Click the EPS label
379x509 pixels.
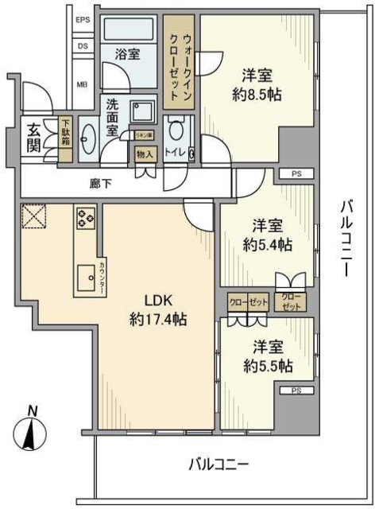[83, 19]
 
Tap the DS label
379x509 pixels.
[83, 46]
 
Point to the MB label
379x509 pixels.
[83, 84]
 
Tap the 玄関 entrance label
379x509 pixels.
[33, 138]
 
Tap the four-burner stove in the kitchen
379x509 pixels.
[86, 216]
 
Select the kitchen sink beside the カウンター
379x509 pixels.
[83, 278]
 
